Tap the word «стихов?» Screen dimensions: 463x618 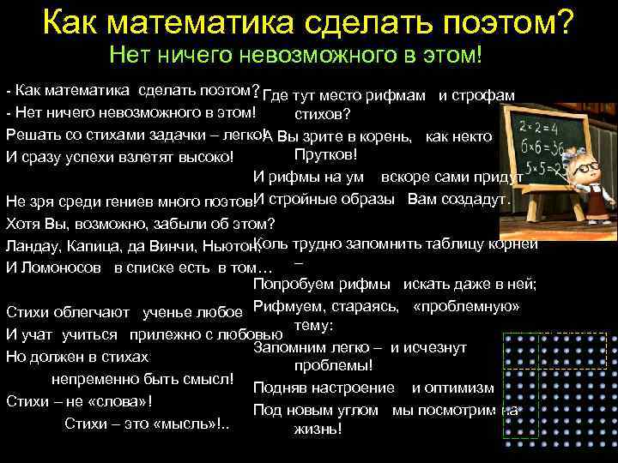tap(320, 113)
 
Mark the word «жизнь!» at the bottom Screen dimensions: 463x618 tap(318, 428)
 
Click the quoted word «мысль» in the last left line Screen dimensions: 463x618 tap(194, 423)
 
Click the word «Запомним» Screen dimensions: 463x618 tap(293, 347)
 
